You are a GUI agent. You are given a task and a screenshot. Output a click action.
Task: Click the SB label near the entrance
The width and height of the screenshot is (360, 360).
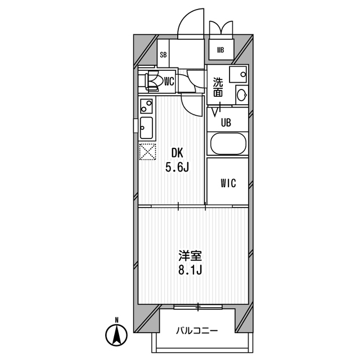click(163, 55)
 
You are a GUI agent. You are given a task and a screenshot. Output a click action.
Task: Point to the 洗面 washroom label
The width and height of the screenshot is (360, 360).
click(218, 87)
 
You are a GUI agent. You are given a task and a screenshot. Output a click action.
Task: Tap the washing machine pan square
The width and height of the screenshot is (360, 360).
click(240, 73)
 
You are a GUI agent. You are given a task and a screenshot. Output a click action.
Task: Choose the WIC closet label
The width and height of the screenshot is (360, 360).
click(227, 182)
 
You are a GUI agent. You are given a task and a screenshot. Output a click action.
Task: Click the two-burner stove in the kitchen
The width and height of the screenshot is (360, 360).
click(146, 105)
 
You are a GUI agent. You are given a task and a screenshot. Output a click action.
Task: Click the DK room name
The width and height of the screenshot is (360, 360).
click(178, 152)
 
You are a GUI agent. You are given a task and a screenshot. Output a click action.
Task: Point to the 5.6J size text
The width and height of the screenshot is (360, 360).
click(178, 167)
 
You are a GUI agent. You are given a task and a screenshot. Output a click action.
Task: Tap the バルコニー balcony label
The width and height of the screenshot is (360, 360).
click(195, 330)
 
